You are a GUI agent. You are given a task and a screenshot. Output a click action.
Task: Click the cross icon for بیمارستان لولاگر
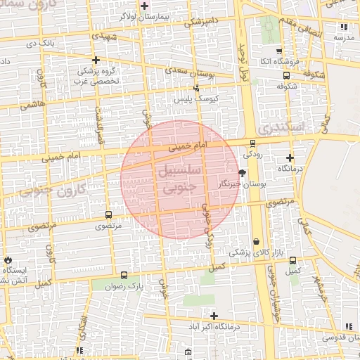click(x=144, y=6)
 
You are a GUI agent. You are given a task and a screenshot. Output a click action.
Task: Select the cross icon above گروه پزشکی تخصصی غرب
click(x=96, y=60)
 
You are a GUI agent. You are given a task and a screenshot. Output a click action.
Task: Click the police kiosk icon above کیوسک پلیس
click(x=196, y=88)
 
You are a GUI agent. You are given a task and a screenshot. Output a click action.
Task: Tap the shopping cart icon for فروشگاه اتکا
click(x=279, y=51)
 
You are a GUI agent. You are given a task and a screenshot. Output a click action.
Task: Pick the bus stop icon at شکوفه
click(x=285, y=75)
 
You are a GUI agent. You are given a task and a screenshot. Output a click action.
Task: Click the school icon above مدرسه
click(x=344, y=27)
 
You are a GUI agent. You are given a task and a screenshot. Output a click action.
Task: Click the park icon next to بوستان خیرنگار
click(x=243, y=173)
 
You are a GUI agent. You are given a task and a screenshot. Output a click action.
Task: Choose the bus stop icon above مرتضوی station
click(x=108, y=214)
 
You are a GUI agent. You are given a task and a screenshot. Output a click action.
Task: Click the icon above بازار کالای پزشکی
click(x=256, y=241)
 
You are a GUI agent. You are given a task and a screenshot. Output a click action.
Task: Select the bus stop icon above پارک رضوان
click(x=124, y=275)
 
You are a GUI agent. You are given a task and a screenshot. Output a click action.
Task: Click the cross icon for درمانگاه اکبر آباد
click(x=214, y=316)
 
